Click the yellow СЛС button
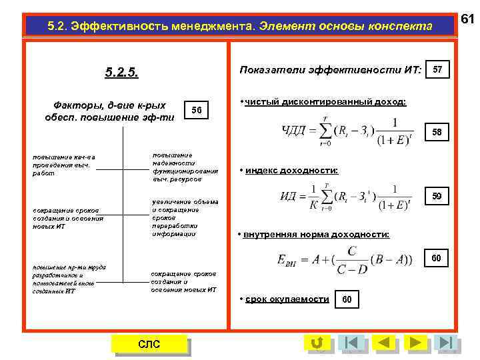tap(149, 343)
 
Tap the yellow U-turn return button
tap(317, 343)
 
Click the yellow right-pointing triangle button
tap(415, 343)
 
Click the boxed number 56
tap(196, 110)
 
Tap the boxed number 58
tap(437, 132)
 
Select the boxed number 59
tap(437, 196)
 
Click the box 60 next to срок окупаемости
tap(347, 299)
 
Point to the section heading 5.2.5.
tap(121, 72)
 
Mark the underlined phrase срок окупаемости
tap(287, 299)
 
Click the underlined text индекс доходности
tap(291, 171)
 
